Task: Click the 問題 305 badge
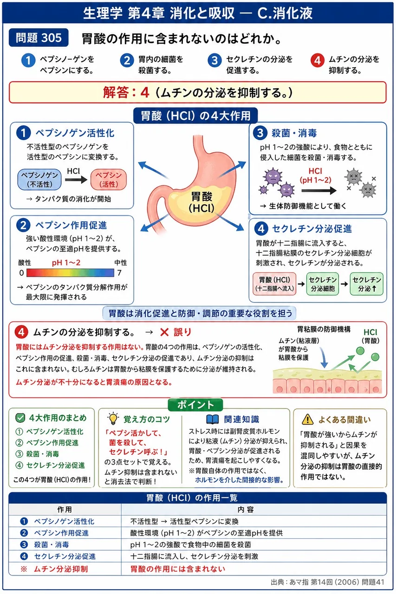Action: click(39, 38)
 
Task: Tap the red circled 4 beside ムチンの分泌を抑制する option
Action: click(318, 61)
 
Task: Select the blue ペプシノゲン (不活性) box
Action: click(39, 180)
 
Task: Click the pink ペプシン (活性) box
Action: click(109, 180)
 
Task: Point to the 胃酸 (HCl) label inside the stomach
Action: click(201, 202)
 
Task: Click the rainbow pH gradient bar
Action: click(70, 272)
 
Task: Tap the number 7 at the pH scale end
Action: click(119, 273)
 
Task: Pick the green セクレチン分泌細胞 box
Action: click(323, 284)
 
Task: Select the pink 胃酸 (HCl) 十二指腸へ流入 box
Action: click(274, 284)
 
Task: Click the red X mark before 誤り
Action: click(164, 332)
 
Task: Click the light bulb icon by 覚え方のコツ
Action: click(113, 419)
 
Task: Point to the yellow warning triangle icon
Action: click(308, 419)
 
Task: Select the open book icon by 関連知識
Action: click(213, 419)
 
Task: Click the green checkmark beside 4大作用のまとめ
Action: click(20, 418)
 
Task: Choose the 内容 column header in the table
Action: click(246, 510)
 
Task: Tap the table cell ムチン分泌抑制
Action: click(61, 569)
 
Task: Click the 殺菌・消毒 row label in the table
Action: click(52, 545)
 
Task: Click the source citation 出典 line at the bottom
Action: click(328, 582)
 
